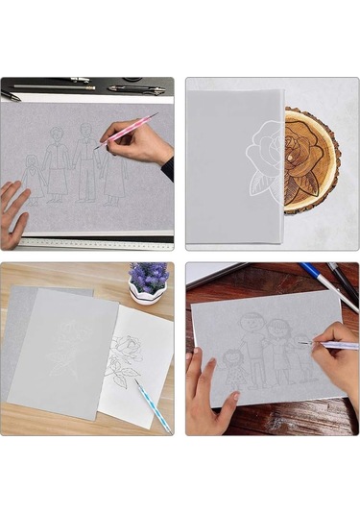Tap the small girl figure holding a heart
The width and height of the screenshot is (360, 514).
coord(35,175)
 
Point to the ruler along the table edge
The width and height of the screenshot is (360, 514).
coord(96,243)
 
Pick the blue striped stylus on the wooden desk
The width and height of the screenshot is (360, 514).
coord(151,404)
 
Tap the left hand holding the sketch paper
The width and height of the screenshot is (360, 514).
coord(206,394)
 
